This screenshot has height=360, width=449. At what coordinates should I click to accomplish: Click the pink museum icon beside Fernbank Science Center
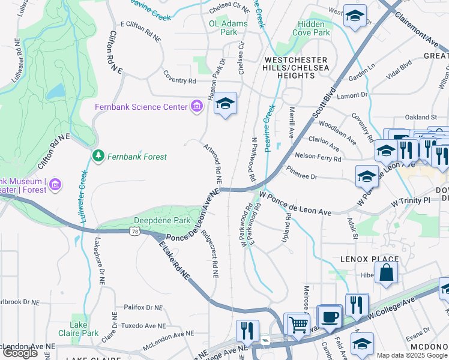[196, 107]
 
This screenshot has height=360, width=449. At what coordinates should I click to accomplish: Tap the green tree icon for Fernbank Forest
[98, 156]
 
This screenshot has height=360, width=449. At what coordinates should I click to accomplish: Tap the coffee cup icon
[330, 316]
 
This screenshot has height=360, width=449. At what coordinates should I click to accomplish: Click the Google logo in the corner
[20, 353]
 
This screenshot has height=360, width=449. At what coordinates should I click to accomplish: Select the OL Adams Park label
[223, 28]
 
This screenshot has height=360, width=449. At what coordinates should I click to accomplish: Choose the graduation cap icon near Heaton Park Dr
[226, 104]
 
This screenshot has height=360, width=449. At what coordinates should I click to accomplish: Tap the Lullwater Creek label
[83, 199]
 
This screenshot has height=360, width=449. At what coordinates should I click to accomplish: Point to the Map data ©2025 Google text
[412, 355]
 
